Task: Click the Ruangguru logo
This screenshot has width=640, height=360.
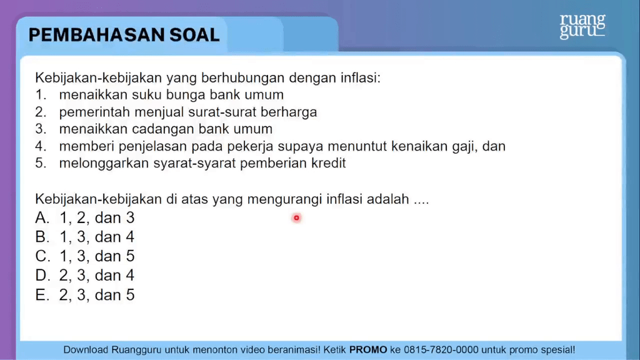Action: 582,26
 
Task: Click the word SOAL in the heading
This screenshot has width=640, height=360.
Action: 194,35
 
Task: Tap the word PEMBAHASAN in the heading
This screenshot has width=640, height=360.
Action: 97,35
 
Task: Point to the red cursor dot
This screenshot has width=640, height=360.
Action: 296,218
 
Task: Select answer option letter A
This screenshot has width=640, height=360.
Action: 42,217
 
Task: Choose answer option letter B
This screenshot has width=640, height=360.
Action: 42,237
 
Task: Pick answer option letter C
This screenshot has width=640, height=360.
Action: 42,256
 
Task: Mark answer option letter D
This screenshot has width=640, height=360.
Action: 42,275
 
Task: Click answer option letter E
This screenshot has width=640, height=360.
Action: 42,295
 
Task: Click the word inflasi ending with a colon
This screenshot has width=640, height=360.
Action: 361,77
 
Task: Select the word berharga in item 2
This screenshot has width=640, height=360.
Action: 289,112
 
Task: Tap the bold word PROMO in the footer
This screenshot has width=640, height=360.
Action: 368,350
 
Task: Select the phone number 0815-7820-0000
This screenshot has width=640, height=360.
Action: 441,350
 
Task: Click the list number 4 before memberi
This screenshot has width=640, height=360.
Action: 41,146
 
